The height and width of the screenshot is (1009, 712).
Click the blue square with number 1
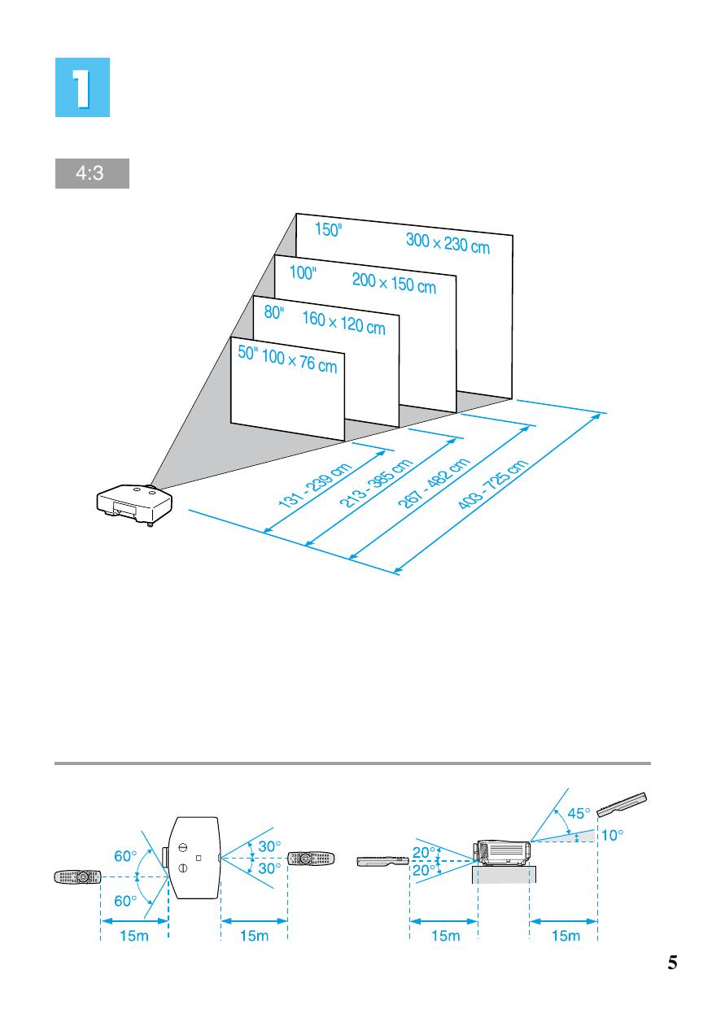(x=82, y=87)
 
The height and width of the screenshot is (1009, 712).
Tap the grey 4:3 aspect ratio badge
(x=92, y=175)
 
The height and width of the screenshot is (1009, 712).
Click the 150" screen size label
(x=329, y=230)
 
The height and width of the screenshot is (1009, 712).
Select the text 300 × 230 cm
(x=448, y=241)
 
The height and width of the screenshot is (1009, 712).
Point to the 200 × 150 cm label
(x=394, y=283)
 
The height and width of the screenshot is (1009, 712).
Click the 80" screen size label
(x=274, y=313)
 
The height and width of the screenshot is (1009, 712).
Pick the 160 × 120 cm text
(x=343, y=322)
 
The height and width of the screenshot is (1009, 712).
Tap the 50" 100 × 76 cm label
(x=286, y=359)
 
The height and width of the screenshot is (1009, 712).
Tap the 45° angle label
(x=579, y=812)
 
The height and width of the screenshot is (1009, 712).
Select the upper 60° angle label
(x=126, y=856)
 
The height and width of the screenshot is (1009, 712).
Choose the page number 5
(x=672, y=963)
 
